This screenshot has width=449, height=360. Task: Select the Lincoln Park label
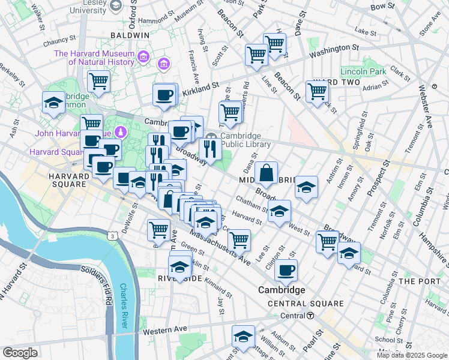pos(363,71)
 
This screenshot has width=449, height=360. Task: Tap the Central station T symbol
pos(310,316)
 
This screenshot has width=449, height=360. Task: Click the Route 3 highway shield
pos(112,237)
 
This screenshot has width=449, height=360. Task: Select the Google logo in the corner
pos(20,353)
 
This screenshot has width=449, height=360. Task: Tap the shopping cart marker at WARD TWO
pos(317,91)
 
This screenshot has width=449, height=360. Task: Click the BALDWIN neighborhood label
pos(130,35)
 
